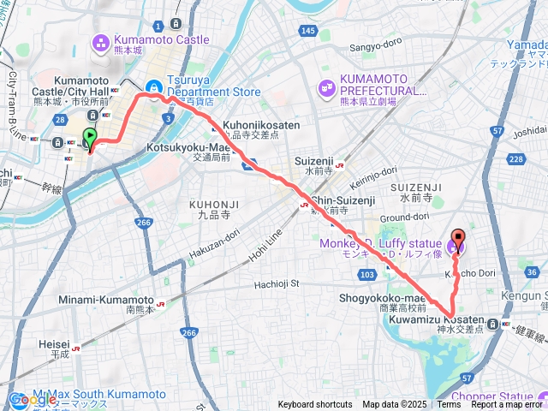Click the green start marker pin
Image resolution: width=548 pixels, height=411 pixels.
pyautogui.click(x=90, y=136)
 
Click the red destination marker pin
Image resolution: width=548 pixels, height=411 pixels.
pyautogui.click(x=457, y=241)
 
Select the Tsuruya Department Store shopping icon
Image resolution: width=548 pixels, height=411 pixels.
pyautogui.click(x=152, y=86)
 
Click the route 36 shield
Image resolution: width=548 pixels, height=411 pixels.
pyautogui.click(x=532, y=272)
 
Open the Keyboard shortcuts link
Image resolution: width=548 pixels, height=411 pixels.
pyautogui.click(x=314, y=405)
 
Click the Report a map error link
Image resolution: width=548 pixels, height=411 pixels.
pyautogui.click(x=509, y=405)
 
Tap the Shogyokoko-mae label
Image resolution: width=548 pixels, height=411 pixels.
pyautogui.click(x=395, y=297)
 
